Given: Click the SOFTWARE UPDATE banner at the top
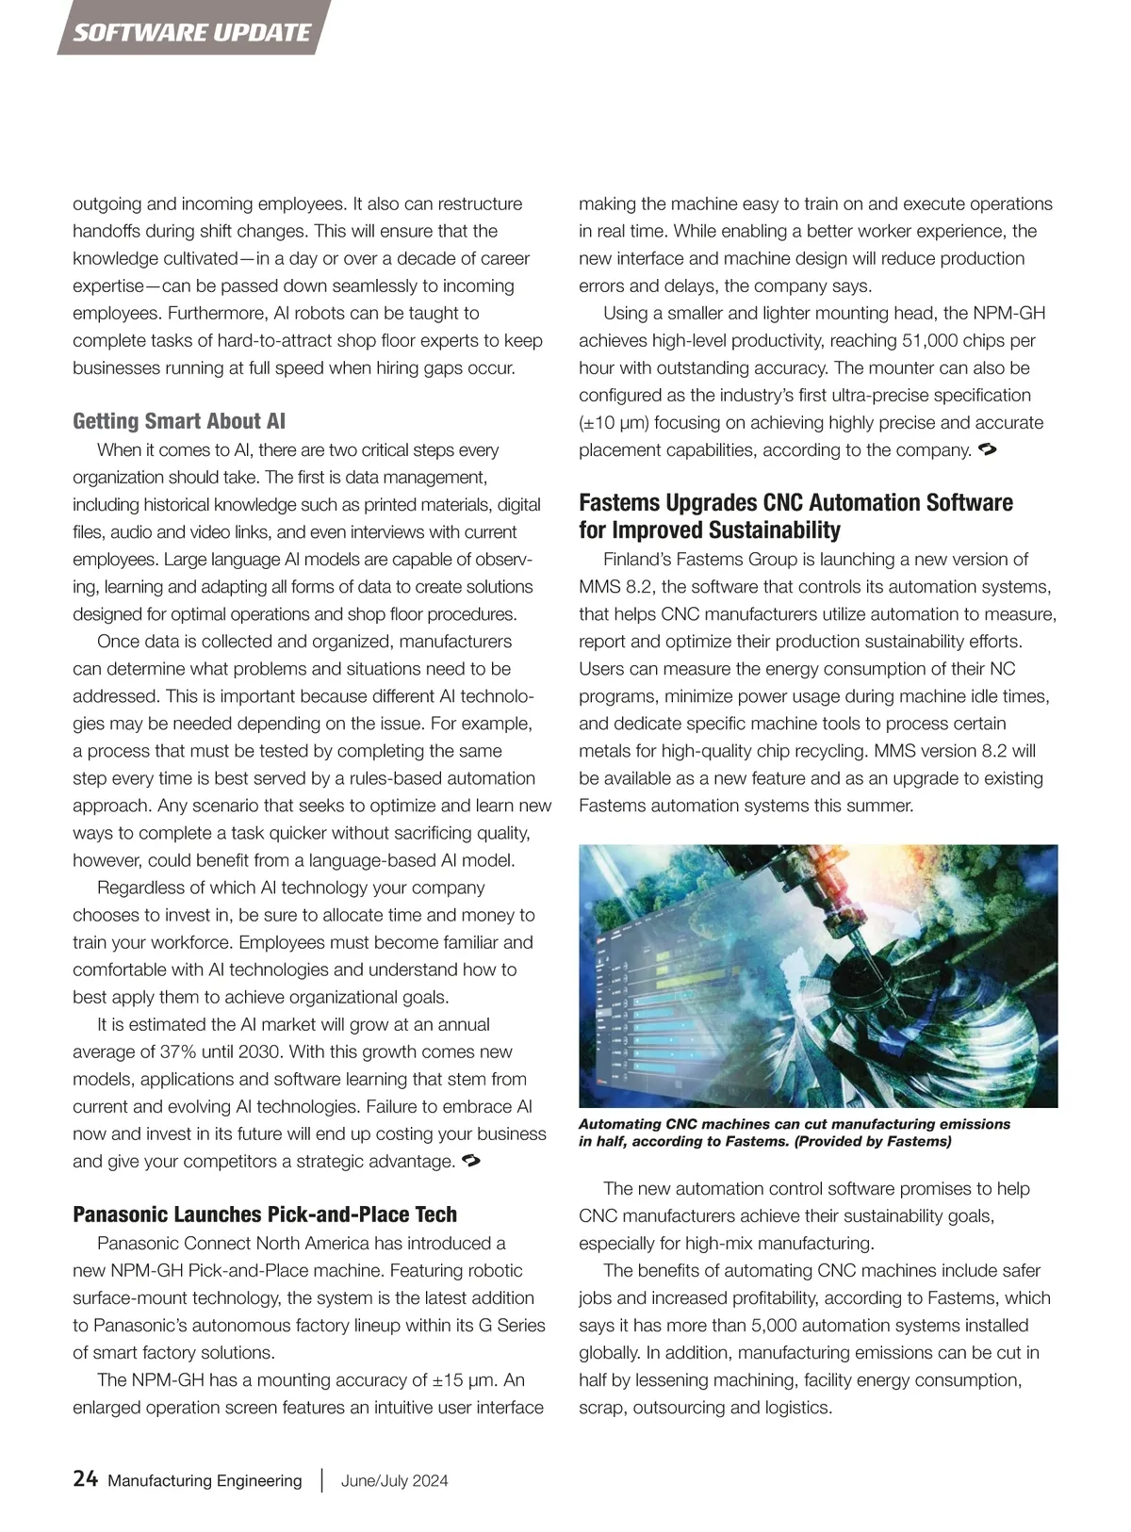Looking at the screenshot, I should (191, 33).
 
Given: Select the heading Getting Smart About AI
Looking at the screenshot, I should (179, 421).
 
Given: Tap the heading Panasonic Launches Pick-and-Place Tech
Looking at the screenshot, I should (265, 1214).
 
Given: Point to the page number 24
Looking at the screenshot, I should (85, 1479).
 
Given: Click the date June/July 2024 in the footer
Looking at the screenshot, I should (394, 1480).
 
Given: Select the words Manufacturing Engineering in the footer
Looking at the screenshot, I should (205, 1480).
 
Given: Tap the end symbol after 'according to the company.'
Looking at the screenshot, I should (989, 449).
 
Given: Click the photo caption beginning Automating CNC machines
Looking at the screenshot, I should (794, 1133).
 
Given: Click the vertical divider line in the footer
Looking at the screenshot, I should (322, 1480).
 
